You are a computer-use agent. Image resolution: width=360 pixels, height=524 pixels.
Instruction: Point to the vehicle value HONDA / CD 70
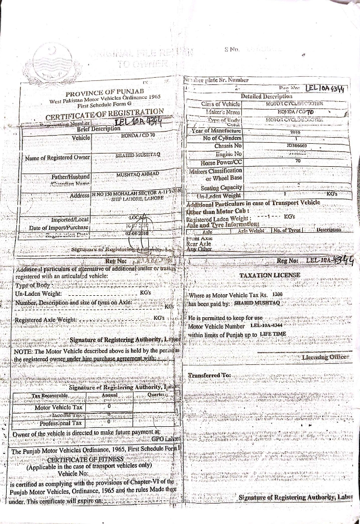coord(134,136)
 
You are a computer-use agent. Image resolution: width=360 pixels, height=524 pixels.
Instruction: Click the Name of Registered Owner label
coord(58,158)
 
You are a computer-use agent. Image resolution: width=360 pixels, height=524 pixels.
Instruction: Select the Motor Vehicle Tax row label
coord(58,407)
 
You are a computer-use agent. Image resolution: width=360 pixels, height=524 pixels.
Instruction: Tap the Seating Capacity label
coord(221,187)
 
